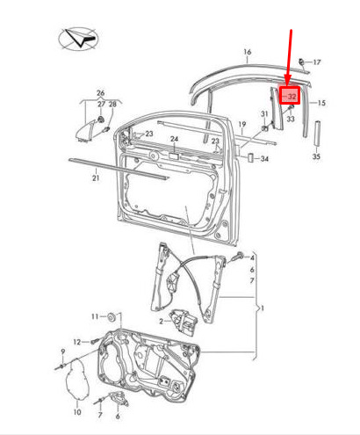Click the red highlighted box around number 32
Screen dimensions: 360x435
[290, 96]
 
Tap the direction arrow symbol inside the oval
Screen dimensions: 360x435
[82, 38]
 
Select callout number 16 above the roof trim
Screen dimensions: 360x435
[248, 52]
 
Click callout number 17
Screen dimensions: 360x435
[317, 62]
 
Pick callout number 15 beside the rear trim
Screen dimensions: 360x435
[321, 103]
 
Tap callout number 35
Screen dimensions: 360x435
[316, 156]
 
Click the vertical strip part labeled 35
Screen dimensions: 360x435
[317, 134]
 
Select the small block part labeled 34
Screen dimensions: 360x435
[250, 157]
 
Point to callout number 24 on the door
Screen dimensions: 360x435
[175, 139]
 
